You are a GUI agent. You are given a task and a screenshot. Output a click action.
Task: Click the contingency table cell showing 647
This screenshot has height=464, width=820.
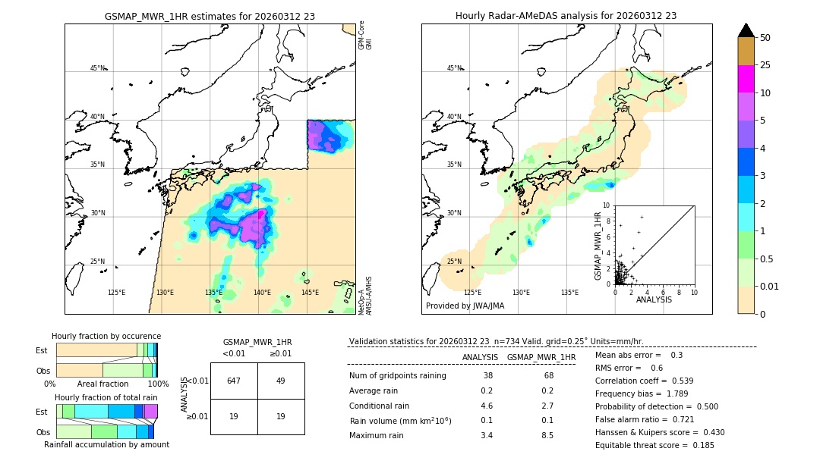pos(234,381)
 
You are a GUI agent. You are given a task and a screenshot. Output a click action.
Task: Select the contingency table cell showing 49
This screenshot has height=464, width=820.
pos(280,381)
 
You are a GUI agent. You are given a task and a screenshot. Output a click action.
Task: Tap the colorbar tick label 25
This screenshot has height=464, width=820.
pos(765,65)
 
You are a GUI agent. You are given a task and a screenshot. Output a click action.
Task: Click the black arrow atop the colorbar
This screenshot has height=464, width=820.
pos(746,30)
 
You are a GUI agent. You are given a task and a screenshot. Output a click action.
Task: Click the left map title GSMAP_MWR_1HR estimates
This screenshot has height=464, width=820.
pos(210,16)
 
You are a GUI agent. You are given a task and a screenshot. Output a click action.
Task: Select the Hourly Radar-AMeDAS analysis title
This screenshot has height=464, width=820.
pos(566,16)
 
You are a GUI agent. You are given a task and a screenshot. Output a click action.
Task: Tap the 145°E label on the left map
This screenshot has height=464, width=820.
pos(310,293)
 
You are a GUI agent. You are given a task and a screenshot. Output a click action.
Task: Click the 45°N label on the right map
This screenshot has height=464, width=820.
pos(454,68)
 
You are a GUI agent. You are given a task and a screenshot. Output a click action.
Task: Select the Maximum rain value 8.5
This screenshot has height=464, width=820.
pos(547,435)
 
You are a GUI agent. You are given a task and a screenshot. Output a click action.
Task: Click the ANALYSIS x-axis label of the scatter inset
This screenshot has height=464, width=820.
pos(654,299)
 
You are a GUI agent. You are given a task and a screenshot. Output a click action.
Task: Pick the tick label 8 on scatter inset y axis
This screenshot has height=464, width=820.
pos(607,221)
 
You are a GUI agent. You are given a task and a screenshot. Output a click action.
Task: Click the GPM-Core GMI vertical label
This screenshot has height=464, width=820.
pos(365,36)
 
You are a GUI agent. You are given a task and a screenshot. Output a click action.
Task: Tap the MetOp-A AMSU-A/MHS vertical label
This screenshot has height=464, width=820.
pos(365,296)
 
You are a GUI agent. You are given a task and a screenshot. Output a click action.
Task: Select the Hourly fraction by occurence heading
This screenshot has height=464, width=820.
pos(106,336)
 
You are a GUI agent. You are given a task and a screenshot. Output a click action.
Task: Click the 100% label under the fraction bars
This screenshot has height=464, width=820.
pos(158,384)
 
